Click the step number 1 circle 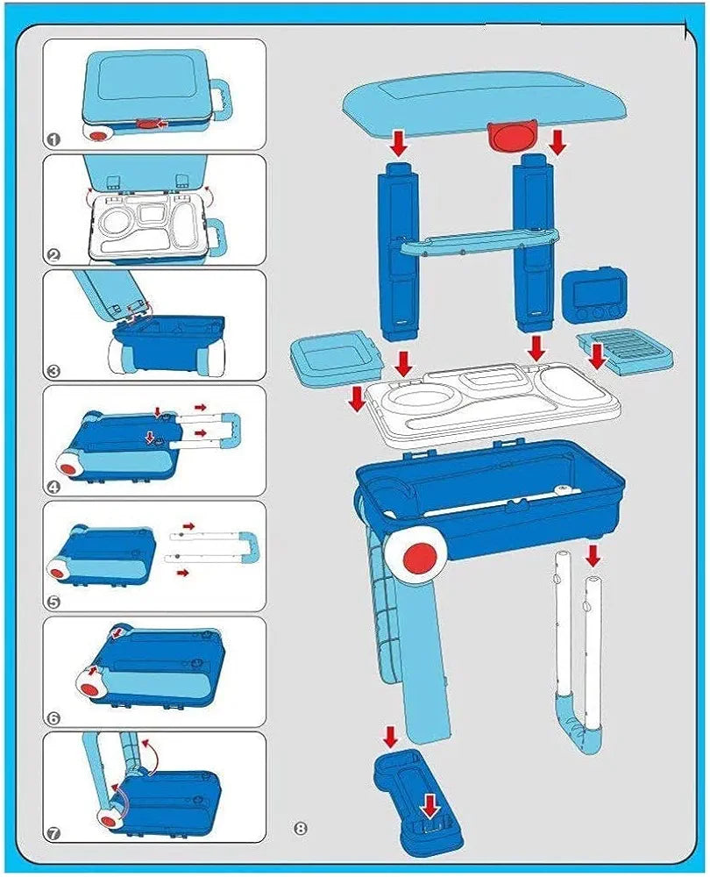click(x=53, y=139)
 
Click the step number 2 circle click(x=53, y=255)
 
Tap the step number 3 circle click(x=53, y=371)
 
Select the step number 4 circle click(x=53, y=487)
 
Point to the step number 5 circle click(x=53, y=602)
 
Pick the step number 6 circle click(x=53, y=718)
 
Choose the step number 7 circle click(x=53, y=834)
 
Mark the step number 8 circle click(x=301, y=828)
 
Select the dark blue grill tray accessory click(x=626, y=353)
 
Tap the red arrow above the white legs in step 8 click(x=593, y=555)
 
